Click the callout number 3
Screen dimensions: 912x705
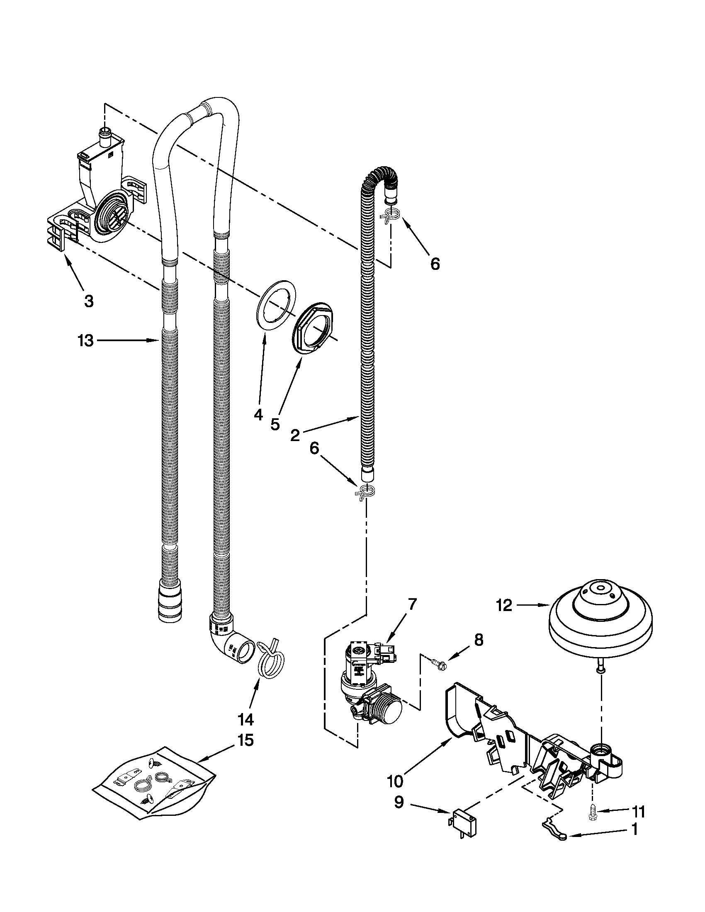(x=89, y=301)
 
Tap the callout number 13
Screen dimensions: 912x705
(x=85, y=341)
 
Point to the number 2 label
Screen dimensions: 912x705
(x=295, y=436)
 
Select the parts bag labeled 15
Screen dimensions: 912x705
(x=154, y=783)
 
